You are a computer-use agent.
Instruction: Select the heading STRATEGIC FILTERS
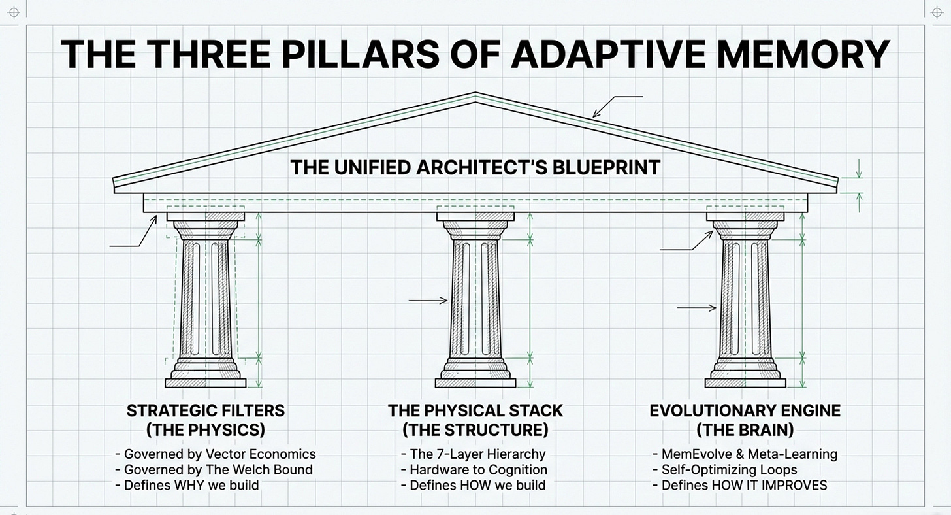[206, 411]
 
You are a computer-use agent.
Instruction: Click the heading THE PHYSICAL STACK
[475, 411]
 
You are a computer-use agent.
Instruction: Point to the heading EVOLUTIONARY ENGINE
[745, 411]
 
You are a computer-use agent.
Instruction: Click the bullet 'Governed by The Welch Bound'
[214, 469]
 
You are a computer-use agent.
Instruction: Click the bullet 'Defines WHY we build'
[187, 485]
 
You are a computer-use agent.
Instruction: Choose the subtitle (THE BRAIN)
[745, 430]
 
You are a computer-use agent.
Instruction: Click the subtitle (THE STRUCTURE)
[475, 430]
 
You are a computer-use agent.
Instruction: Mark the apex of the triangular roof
[475, 97]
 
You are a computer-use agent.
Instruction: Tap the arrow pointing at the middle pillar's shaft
[428, 301]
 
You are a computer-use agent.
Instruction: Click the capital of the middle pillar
[475, 222]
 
